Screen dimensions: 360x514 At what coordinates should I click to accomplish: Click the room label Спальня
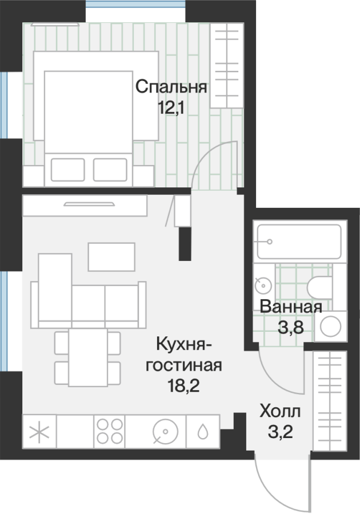171,87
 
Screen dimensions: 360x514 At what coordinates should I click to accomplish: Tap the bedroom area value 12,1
171,107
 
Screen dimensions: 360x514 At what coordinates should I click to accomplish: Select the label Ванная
291,307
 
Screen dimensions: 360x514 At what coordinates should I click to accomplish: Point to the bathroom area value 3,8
291,327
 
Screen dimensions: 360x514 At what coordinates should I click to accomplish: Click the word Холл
280,412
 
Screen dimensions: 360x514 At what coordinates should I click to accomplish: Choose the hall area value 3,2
281,432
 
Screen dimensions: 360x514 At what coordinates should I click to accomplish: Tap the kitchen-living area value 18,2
183,386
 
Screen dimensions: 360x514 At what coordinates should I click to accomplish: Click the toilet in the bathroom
319,288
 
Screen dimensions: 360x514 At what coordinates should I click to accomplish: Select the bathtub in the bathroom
299,242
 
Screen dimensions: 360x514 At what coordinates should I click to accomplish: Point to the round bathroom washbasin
263,285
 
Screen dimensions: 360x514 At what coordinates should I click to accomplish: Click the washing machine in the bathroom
330,327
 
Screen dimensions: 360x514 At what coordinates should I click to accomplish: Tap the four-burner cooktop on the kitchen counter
110,431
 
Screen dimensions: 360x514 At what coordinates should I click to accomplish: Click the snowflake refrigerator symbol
39,432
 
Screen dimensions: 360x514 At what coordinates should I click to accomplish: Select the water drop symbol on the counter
203,431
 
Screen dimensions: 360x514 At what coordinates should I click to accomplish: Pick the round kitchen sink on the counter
166,431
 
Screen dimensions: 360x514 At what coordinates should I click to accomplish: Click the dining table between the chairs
88,358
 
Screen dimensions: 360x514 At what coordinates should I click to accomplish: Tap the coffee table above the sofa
111,256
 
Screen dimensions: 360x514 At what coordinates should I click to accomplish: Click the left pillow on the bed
68,170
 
